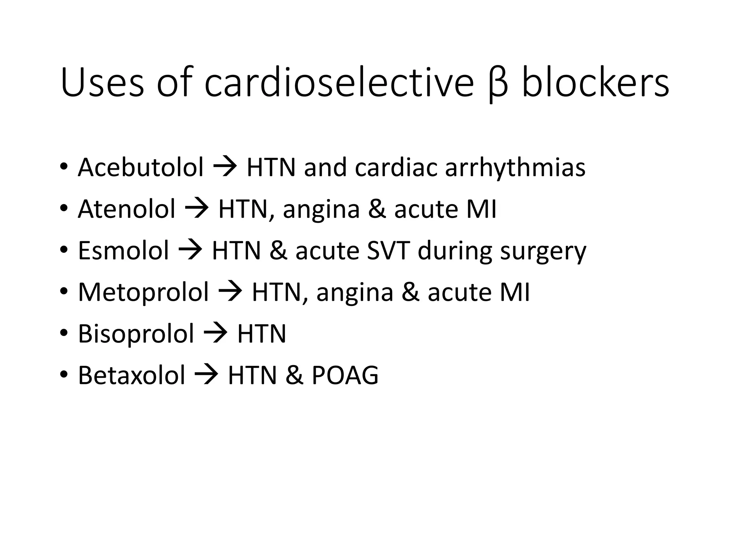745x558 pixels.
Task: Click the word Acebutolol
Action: pyautogui.click(x=140, y=167)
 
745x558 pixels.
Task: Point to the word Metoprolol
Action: pyautogui.click(x=143, y=292)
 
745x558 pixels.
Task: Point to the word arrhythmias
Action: pyautogui.click(x=515, y=168)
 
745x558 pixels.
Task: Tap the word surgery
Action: pyautogui.click(x=543, y=251)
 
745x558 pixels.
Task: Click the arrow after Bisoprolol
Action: pyautogui.click(x=215, y=333)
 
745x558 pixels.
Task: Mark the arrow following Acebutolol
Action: pyautogui.click(x=225, y=167)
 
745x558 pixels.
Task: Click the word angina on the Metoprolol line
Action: pyautogui.click(x=355, y=293)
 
